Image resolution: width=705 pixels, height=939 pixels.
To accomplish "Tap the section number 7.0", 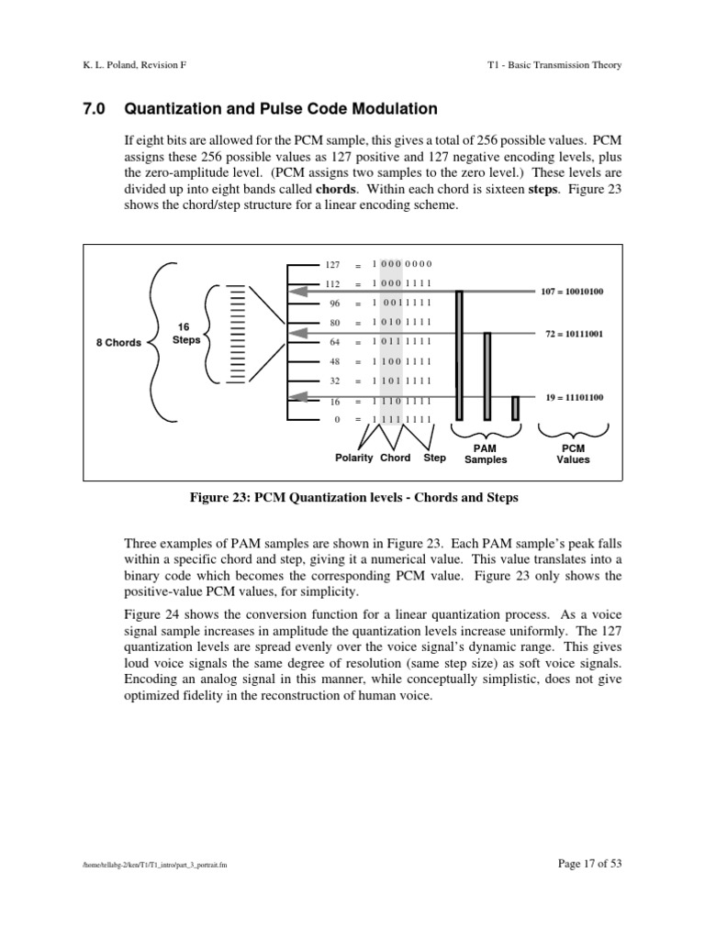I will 95,109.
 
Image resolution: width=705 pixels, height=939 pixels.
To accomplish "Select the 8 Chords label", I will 119,343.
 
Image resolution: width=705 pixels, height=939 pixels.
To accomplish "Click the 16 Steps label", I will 185,333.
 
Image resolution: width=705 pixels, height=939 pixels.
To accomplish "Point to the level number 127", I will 333,263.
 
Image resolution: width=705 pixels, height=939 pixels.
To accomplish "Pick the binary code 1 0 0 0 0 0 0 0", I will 401,263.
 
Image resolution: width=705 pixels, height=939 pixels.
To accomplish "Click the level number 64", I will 334,342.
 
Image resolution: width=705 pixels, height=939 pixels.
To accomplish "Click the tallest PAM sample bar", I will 459,354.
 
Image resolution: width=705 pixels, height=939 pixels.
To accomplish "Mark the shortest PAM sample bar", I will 516,407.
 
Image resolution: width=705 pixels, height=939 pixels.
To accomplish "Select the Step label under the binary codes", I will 434,458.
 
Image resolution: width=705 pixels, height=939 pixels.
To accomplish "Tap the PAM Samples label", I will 486,454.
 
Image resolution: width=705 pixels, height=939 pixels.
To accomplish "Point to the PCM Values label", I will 573,454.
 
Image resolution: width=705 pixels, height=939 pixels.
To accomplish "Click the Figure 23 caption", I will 353,498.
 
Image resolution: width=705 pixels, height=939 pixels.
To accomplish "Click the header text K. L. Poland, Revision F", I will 135,64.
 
